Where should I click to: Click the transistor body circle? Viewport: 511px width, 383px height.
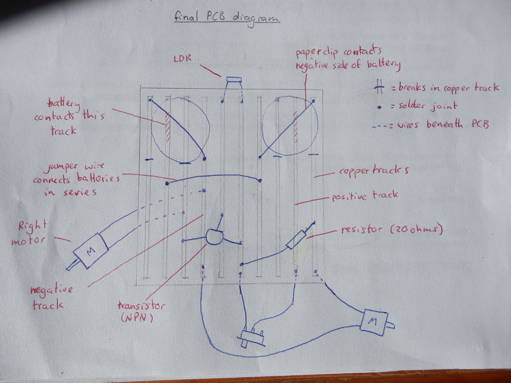[214, 237]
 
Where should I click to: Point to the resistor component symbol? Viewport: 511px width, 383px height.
[296, 239]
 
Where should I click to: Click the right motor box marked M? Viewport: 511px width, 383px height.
[90, 251]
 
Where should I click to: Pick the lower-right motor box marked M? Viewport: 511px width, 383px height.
[373, 322]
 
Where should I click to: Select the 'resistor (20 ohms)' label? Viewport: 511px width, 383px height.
[392, 230]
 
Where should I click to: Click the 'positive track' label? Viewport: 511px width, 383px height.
[365, 195]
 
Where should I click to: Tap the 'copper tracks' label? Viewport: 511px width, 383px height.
[374, 171]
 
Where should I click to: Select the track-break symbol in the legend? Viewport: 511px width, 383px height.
[379, 88]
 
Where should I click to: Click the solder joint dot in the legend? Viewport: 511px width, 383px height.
[379, 107]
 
